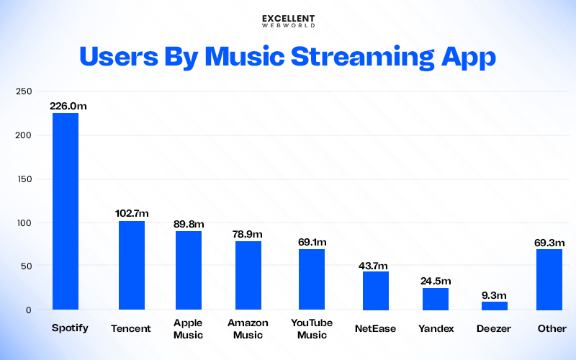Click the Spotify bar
(66, 212)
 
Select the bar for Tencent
(131, 266)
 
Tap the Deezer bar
(494, 306)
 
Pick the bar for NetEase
(375, 291)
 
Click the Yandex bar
(435, 299)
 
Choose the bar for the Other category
(549, 279)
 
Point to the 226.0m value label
(68, 106)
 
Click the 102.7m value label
(133, 213)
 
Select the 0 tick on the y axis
(29, 310)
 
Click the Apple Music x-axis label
(189, 329)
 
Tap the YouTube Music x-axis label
(312, 329)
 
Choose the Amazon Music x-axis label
(248, 329)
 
